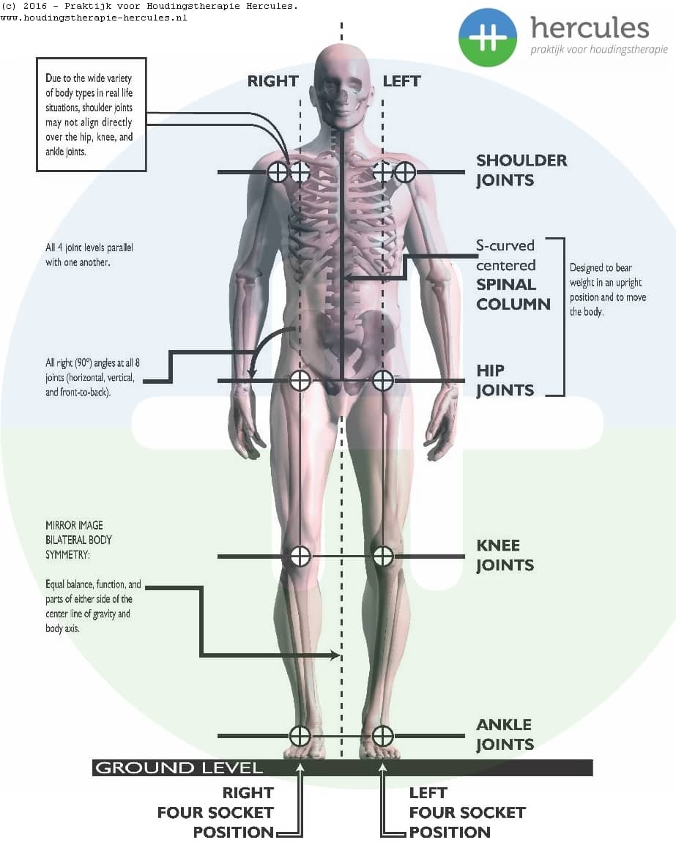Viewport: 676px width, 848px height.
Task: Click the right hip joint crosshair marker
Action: [x=300, y=380]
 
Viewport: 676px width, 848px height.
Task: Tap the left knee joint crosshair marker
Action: [x=383, y=556]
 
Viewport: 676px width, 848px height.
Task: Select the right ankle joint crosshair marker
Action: [x=300, y=736]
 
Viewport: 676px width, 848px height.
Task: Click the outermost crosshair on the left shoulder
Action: [x=405, y=172]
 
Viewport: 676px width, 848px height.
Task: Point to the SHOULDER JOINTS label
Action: [x=521, y=170]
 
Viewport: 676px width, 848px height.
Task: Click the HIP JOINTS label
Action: [x=505, y=380]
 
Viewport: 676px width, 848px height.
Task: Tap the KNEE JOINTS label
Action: [x=505, y=555]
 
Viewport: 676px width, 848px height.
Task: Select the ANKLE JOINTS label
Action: [x=505, y=734]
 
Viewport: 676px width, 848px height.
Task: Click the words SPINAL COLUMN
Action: [x=513, y=294]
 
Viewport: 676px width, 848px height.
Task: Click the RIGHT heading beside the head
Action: [x=272, y=81]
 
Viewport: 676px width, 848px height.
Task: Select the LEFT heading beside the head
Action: [x=401, y=81]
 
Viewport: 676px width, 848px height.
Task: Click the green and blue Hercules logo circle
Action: [x=488, y=38]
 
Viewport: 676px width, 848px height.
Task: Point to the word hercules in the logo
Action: [x=590, y=28]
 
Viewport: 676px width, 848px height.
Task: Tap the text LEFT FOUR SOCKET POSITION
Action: [x=467, y=812]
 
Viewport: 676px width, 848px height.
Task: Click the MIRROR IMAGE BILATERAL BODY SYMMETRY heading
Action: [x=79, y=540]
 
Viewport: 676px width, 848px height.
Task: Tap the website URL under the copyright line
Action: [x=94, y=18]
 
